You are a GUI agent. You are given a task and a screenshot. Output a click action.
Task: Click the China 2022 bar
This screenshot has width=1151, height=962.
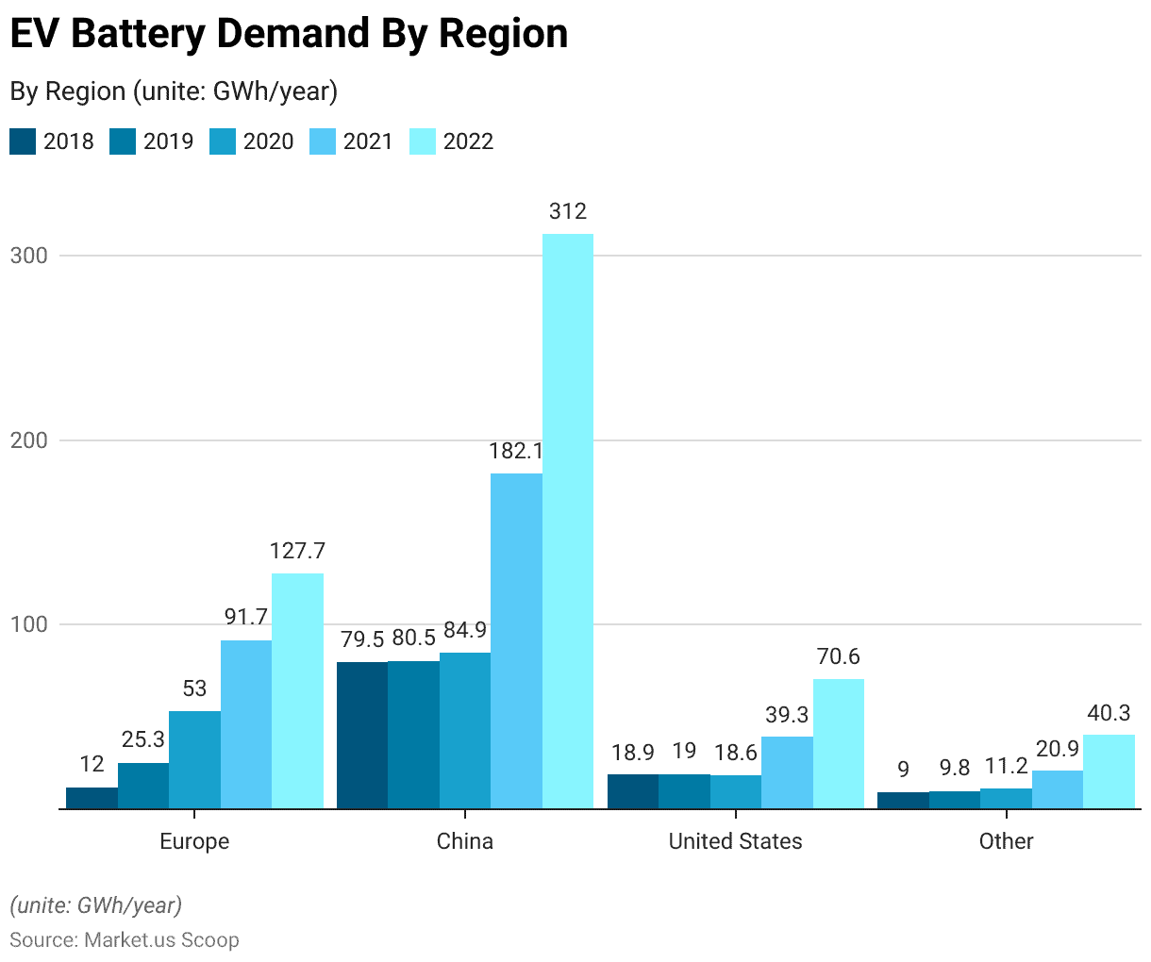pos(567,521)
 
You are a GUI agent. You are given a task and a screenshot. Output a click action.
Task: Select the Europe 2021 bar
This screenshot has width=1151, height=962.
pos(246,724)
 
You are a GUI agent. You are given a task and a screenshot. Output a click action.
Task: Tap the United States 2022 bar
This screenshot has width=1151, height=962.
pos(838,743)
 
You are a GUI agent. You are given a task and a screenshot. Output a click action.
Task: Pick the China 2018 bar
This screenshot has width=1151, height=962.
pos(362,735)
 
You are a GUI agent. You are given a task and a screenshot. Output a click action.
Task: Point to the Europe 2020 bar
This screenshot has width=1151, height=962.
pos(194,759)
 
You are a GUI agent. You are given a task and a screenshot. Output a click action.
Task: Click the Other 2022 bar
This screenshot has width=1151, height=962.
pos(1109,771)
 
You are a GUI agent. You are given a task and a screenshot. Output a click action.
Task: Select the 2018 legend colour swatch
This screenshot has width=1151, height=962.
pos(23,141)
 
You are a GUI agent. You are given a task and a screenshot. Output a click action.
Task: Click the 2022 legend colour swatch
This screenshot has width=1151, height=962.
pos(423,141)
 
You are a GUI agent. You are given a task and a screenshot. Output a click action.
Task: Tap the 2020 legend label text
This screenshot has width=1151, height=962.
pos(268,141)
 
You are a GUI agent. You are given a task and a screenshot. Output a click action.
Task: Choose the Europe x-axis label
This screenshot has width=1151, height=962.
pos(194,841)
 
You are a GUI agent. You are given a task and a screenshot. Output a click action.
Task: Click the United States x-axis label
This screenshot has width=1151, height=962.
pos(735,841)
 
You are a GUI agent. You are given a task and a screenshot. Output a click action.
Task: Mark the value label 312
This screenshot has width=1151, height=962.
pos(567,211)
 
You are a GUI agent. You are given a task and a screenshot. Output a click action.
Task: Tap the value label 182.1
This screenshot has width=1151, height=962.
pos(515,451)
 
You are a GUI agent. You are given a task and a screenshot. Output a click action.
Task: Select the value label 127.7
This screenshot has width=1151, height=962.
pos(297,551)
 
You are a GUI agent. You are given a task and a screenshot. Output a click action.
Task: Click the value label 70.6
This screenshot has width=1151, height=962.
pos(838,656)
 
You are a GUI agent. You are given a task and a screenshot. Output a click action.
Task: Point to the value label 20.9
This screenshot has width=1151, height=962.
pos(1057,749)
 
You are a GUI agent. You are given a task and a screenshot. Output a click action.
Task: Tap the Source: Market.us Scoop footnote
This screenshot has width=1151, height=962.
pos(125,939)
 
